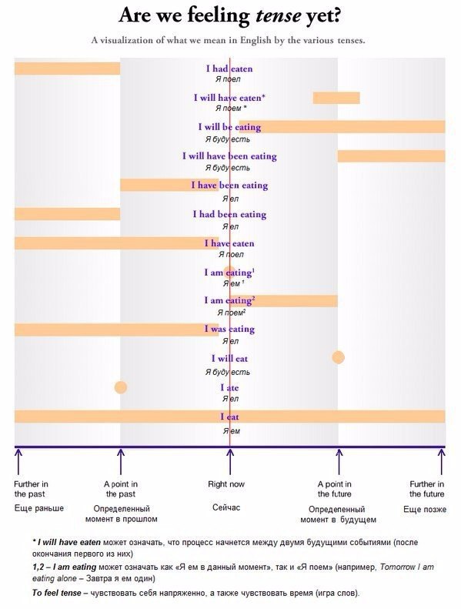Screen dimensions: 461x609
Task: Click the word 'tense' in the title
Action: [279, 15]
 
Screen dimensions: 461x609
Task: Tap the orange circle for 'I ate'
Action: [121, 387]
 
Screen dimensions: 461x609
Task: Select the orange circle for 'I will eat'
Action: [339, 357]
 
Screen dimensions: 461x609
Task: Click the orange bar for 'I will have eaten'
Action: [336, 98]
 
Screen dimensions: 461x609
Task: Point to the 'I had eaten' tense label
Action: [229, 69]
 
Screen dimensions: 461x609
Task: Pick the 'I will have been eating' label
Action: [229, 156]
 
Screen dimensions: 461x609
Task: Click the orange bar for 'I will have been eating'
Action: [392, 156]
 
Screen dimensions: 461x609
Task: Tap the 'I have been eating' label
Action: [229, 186]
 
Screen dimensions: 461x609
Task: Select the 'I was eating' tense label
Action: [229, 330]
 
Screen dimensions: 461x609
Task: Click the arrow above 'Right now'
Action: [230, 462]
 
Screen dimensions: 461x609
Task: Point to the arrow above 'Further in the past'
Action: [18, 462]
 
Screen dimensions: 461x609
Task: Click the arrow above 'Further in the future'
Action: [442, 462]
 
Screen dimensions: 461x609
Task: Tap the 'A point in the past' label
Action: [121, 489]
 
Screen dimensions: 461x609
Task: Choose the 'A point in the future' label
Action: [334, 489]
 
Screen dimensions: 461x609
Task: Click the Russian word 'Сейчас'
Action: [226, 507]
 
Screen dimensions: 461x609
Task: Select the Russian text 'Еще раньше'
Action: [38, 508]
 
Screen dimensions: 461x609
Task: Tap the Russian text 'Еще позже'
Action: [425, 509]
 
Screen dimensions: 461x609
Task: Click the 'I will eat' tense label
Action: [229, 359]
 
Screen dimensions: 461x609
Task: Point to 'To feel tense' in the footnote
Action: [57, 593]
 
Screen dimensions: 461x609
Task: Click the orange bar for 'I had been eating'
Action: [67, 214]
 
